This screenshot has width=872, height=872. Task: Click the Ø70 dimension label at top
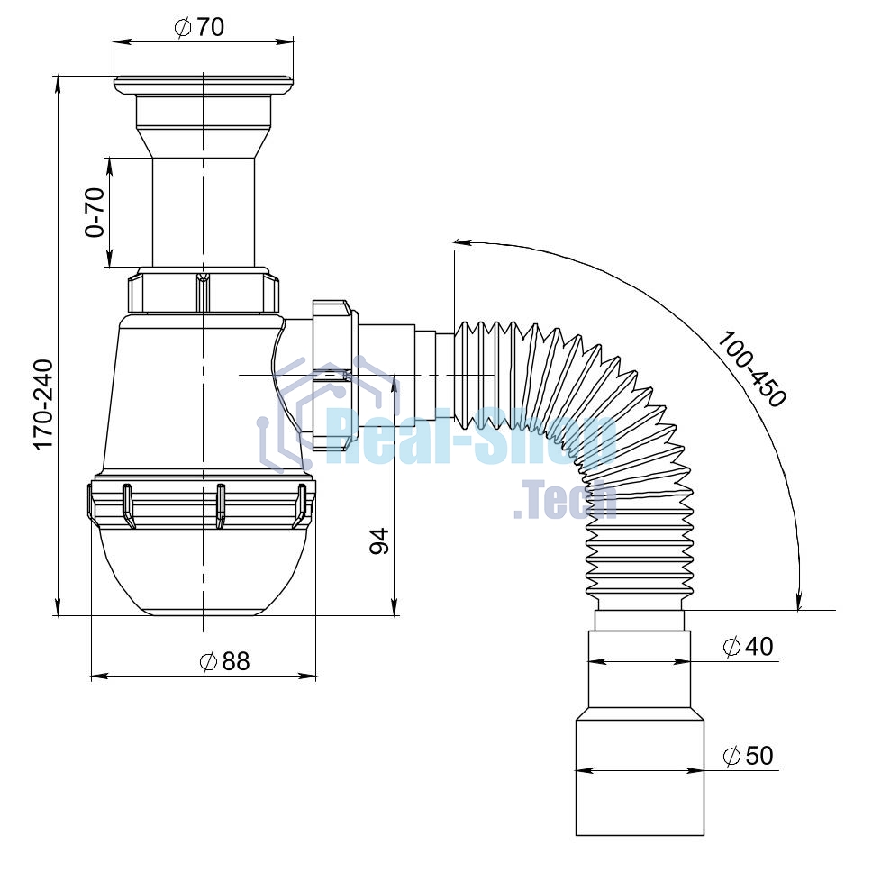pos(199,27)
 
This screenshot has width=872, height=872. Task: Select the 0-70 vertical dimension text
pos(95,213)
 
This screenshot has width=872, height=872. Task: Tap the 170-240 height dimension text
pos(44,404)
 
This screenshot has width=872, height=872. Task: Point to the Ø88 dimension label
pos(224,661)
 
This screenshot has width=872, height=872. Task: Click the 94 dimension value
pos(380,541)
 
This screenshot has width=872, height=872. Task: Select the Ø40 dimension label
pos(748,646)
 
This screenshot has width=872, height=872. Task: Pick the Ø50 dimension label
pos(748,755)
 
